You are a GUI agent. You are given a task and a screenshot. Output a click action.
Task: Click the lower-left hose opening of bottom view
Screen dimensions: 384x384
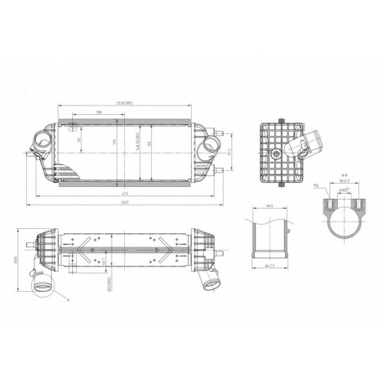(38, 288)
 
